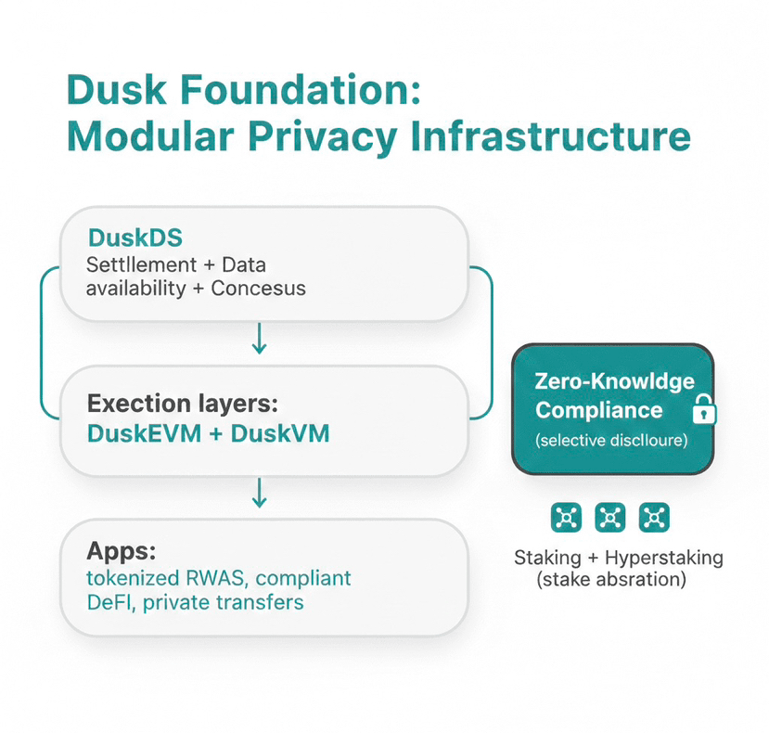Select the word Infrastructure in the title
click(x=551, y=136)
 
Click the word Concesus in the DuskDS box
click(x=258, y=288)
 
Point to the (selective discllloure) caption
click(x=612, y=441)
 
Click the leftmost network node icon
click(x=566, y=518)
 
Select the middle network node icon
click(x=609, y=518)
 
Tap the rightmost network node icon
click(x=654, y=518)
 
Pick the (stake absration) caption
click(x=611, y=581)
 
